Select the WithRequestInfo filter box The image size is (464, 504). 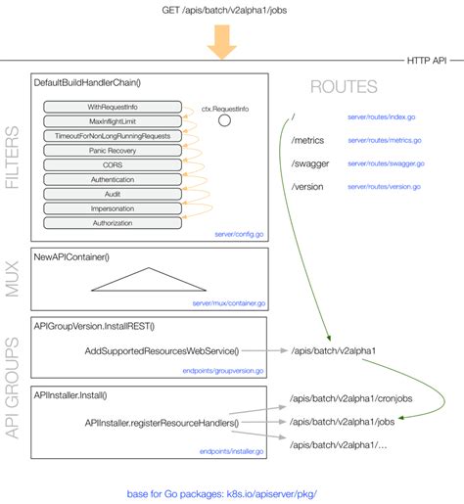point(114,106)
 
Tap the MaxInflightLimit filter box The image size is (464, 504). point(114,120)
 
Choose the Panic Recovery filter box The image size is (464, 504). point(114,151)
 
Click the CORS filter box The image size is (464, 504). point(114,165)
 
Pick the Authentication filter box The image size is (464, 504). point(114,181)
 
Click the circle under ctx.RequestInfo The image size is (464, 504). point(223,121)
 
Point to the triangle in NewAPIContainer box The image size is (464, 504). point(150,280)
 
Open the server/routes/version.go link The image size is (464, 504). point(386,186)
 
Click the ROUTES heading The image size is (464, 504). point(343,86)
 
